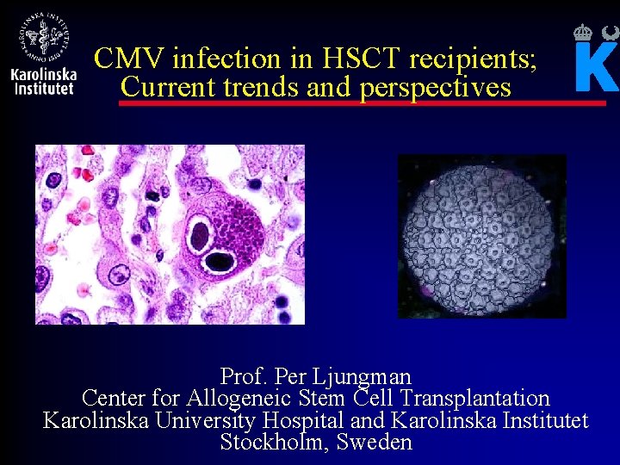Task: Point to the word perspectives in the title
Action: point(436,87)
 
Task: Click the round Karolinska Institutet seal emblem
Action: point(44,34)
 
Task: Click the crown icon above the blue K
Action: point(583,33)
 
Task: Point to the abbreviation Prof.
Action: point(244,376)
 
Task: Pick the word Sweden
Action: point(375,443)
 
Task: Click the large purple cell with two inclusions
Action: point(220,232)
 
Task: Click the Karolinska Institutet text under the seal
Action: point(44,81)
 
